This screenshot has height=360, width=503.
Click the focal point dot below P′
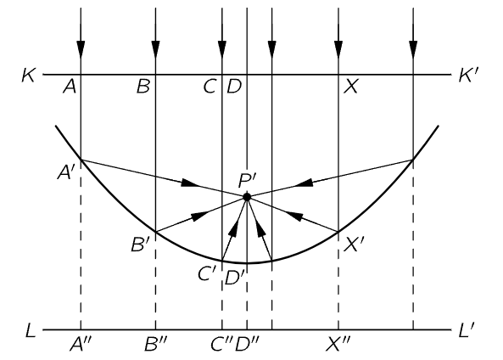coord(247,196)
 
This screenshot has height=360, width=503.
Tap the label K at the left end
coord(28,76)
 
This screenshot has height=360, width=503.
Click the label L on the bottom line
coord(31,330)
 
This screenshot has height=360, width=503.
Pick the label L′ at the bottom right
coord(467,330)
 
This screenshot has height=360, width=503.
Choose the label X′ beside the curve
coord(354,245)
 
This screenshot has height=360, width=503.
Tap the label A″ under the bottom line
coord(81,344)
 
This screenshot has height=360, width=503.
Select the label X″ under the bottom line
coord(338,344)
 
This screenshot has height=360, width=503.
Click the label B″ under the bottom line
coord(156,344)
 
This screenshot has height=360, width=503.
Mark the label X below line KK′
coord(350,86)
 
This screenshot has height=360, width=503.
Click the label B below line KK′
coord(143,86)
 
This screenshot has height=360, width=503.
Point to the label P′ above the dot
coord(247,181)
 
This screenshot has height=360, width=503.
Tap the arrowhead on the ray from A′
coord(190,183)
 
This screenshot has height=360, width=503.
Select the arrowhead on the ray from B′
coord(199,216)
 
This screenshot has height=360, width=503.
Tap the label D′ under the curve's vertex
coord(235,278)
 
